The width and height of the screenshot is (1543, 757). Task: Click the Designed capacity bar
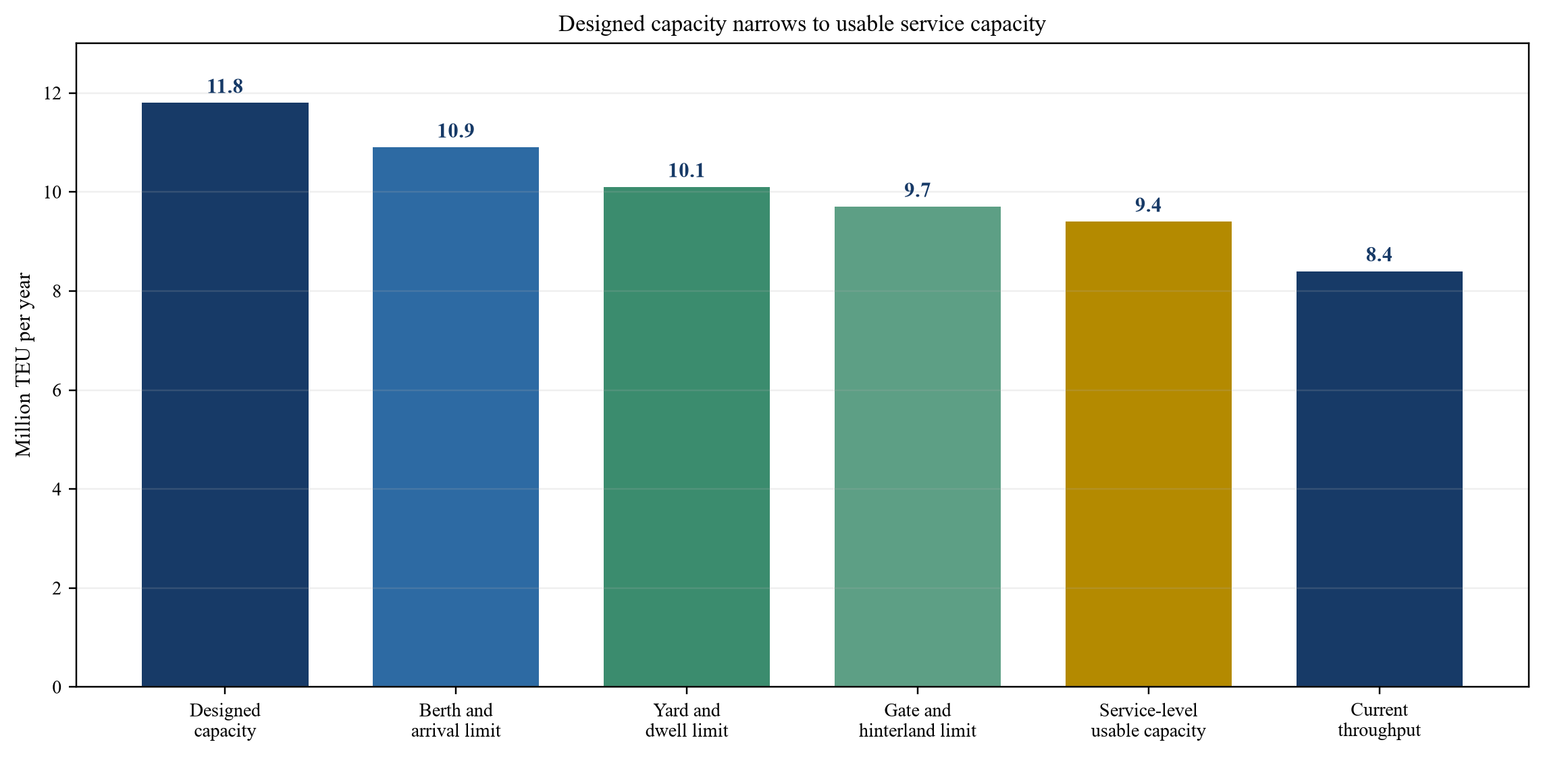coord(225,394)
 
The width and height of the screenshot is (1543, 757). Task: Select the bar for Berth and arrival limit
coord(456,417)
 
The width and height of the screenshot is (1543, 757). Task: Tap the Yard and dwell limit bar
coord(687,437)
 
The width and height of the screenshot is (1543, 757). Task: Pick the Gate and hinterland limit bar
coord(918,446)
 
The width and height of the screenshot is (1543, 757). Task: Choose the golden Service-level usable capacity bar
coord(1149,454)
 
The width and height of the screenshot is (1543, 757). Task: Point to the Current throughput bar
coord(1380,479)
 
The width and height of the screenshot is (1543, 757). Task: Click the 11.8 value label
coord(225,86)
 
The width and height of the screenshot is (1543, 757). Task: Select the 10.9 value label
coord(456,131)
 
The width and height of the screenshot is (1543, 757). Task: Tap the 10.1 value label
coord(687,171)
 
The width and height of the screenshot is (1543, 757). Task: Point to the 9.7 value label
coord(918,190)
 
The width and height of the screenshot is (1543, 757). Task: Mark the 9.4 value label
coord(1148,205)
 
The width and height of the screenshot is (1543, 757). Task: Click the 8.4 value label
coord(1379,255)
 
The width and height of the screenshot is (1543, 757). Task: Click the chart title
coord(802,24)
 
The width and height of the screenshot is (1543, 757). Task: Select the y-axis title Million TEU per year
coord(24,365)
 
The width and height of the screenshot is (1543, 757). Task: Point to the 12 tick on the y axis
coord(52,93)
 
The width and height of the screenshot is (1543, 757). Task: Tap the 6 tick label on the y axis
coord(57,390)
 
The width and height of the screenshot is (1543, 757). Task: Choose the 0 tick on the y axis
coord(57,687)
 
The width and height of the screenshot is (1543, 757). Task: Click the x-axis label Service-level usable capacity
coord(1149,721)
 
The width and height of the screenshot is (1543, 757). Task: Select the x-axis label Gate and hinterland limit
coord(918,721)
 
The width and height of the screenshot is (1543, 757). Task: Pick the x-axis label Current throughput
coord(1380,721)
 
